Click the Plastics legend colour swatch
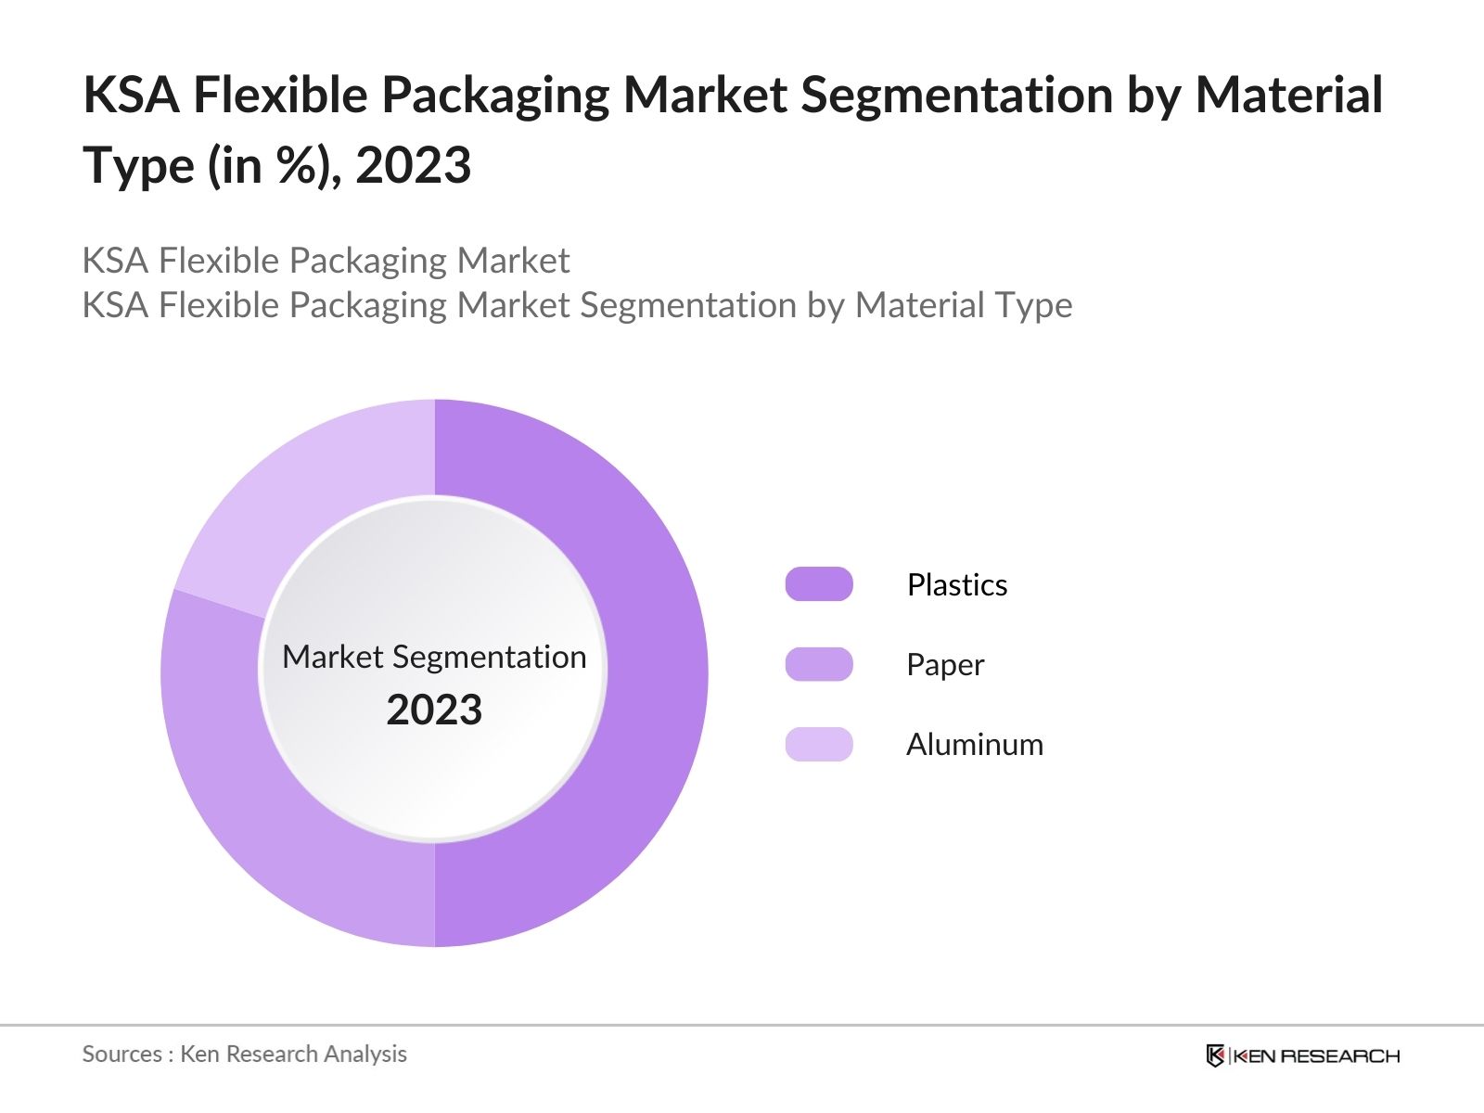819,584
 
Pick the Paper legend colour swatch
819,664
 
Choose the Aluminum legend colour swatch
819,744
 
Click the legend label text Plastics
957,584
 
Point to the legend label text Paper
945,665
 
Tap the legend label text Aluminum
975,744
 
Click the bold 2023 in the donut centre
434,710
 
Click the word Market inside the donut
332,657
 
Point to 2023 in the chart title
413,165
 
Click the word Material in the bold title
1288,95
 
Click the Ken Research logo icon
1215,1055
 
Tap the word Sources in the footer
122,1054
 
